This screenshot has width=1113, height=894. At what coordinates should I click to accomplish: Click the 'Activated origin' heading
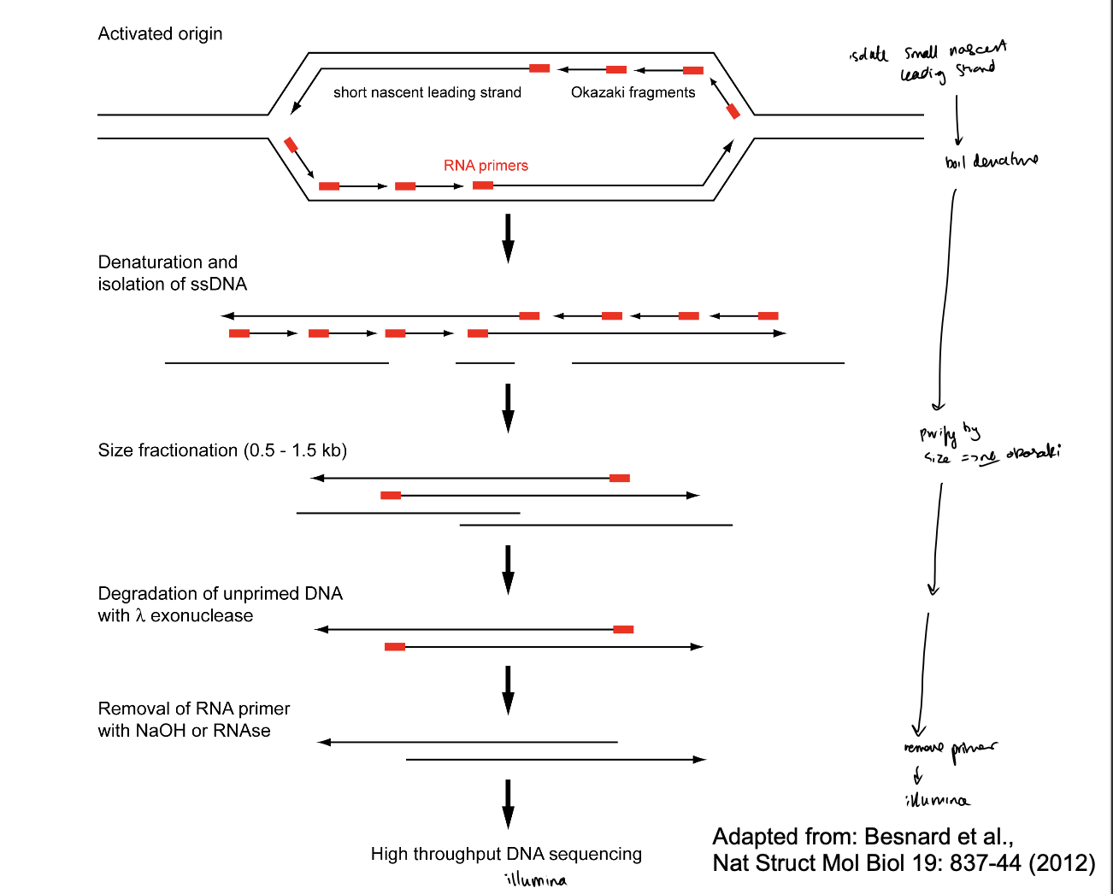(x=160, y=34)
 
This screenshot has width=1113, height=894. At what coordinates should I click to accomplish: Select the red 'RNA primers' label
(x=486, y=166)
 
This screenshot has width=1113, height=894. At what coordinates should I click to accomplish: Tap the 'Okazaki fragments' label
(x=633, y=92)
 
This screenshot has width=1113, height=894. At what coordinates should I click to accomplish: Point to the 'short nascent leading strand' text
(x=427, y=92)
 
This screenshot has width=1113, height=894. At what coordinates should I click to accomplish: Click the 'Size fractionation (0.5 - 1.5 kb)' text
(x=222, y=450)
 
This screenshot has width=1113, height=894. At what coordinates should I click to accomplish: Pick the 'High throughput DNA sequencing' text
(x=506, y=854)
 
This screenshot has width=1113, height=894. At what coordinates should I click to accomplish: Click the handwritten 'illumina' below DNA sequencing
(x=535, y=879)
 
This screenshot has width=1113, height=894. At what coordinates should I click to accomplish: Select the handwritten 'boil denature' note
(x=992, y=161)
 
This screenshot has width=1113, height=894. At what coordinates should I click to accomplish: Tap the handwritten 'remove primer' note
(x=950, y=749)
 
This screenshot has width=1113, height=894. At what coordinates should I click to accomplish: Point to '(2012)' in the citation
(x=1062, y=863)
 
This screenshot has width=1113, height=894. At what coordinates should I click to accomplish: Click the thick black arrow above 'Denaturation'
(x=508, y=238)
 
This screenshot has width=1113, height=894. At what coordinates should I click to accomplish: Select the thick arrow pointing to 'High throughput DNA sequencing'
(x=508, y=803)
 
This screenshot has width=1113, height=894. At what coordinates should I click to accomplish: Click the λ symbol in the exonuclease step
(x=140, y=615)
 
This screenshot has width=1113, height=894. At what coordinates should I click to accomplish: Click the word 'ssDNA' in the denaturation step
(x=220, y=284)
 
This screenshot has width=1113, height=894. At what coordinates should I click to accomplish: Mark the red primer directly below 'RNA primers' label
(x=483, y=185)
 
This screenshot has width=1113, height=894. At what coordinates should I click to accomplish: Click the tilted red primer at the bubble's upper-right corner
(x=733, y=110)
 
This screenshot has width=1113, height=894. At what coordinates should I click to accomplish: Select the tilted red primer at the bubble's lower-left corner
(x=291, y=144)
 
